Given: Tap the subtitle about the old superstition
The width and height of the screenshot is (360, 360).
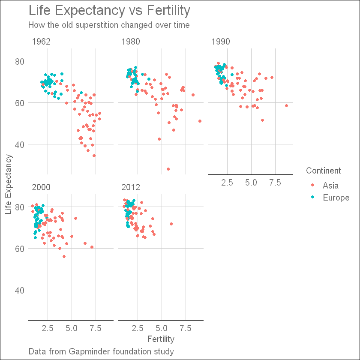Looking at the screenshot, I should coord(109,25).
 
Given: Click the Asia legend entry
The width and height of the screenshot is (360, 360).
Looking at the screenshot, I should coord(330,186).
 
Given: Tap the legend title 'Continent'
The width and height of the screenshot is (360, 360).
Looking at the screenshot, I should coord(324,171).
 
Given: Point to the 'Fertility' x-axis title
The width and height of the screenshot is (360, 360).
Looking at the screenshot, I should coord(161,339).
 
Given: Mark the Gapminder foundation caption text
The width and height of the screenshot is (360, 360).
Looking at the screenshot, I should coord(101,352).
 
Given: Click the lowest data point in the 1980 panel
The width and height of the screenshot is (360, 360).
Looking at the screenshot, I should coord(168,169).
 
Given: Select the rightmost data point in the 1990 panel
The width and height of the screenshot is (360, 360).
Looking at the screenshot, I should coord(286,105).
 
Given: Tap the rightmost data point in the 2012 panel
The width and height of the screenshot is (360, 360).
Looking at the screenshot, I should coord(171,224).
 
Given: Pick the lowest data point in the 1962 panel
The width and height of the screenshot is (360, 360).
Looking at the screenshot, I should coord(94,156).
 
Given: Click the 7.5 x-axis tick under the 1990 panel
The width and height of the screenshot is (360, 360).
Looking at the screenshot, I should coord(275,183).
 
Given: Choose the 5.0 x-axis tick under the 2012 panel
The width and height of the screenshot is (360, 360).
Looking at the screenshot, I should coord(162,328).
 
